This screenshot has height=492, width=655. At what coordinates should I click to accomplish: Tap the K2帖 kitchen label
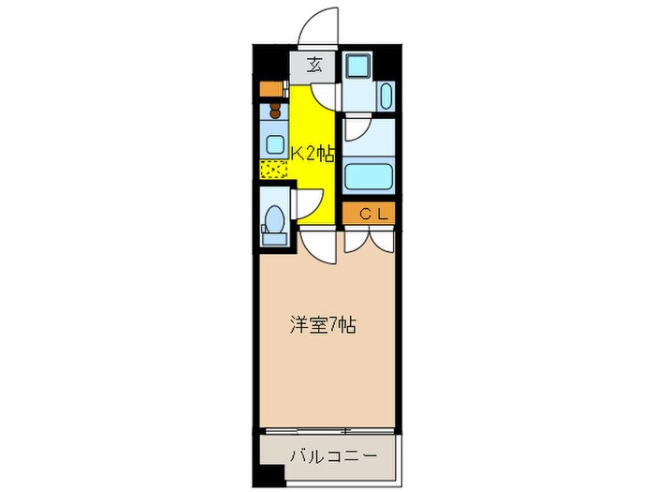click(312, 154)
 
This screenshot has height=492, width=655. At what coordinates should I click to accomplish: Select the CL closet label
click(368, 214)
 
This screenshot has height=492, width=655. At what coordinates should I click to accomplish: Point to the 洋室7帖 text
click(320, 326)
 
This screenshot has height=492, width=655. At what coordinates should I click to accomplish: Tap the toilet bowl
click(275, 223)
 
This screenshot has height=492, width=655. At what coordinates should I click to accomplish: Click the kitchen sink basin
click(275, 143)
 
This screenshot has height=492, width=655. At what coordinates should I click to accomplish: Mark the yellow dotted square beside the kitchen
click(274, 171)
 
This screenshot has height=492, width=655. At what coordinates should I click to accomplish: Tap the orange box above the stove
click(272, 90)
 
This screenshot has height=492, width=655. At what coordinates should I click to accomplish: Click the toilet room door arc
click(309, 202)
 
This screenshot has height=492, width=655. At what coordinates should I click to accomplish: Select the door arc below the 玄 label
click(324, 96)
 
